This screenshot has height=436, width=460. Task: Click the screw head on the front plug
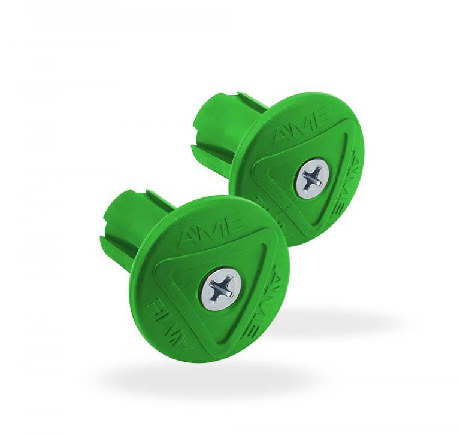pyautogui.click(x=220, y=288)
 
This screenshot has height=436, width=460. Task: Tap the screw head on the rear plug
pyautogui.click(x=311, y=178)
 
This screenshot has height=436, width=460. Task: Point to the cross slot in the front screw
pyautogui.click(x=220, y=288)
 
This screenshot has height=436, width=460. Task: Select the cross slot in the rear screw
pyautogui.click(x=311, y=178)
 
